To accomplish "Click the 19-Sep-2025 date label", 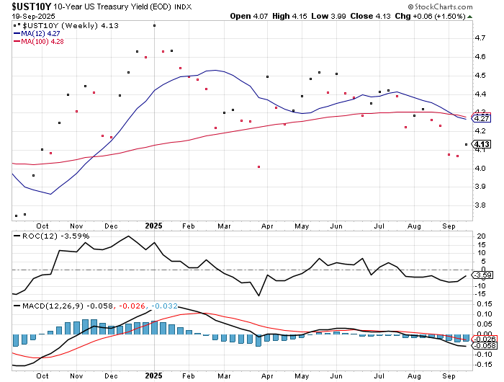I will pos(22,16).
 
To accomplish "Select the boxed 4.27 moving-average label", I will pos(482,118).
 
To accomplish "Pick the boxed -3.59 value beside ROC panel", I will pos(484,275).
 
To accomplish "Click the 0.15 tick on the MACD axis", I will pos(482,303).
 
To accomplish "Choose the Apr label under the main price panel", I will pos(267,225).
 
